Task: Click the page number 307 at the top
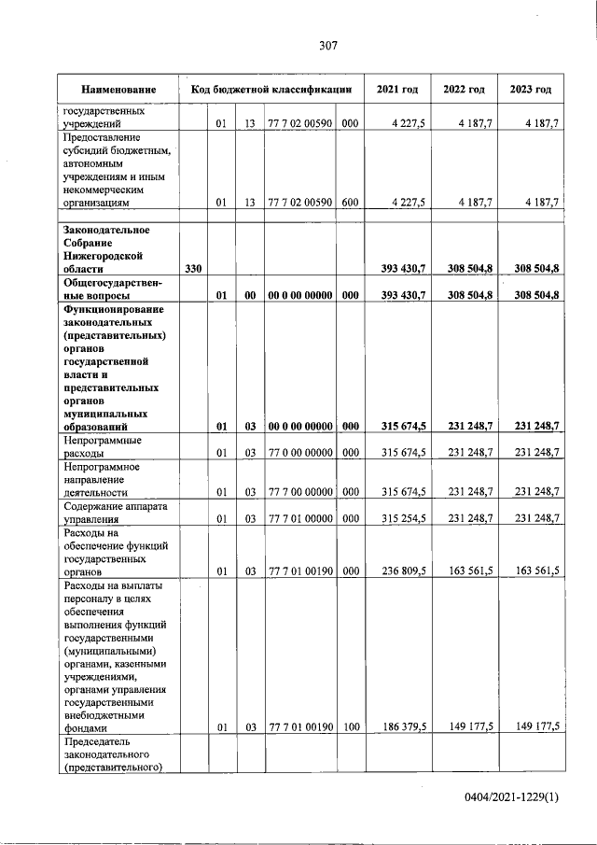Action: point(327,45)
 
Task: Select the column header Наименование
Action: point(118,90)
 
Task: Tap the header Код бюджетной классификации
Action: point(271,90)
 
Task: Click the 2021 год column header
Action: point(397,90)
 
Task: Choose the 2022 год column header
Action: point(464,90)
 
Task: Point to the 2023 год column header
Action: point(531,90)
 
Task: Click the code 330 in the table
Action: point(194,269)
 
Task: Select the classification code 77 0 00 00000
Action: point(299,453)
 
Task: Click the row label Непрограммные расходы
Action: point(102,446)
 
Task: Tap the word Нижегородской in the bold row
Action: point(102,255)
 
